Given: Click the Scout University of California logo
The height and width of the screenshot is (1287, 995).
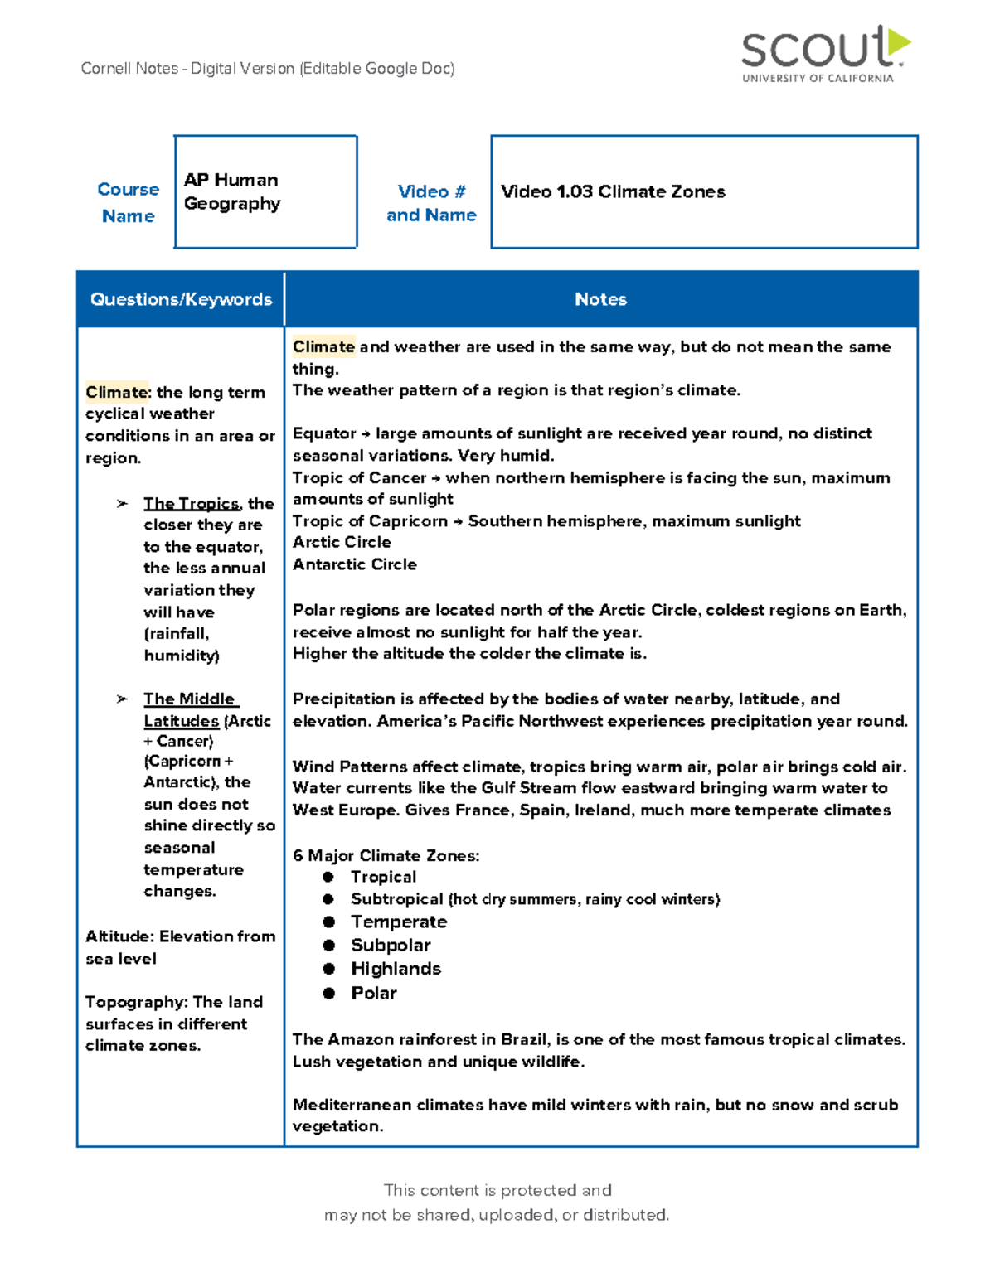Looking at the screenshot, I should pos(824,53).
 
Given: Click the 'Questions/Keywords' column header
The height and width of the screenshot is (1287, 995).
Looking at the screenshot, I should pos(181,299).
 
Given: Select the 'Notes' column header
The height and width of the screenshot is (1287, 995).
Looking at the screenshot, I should pos(600,299).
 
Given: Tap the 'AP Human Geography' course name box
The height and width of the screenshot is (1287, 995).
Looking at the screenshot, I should pos(265,191).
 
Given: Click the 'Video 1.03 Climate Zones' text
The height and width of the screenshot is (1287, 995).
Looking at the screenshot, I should pos(613,191).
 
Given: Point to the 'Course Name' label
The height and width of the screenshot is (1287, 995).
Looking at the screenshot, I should pos(128,202).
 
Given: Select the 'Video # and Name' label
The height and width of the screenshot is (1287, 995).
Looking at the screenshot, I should pos(431,203).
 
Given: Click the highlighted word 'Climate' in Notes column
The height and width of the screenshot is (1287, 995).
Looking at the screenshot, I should pos(323,346).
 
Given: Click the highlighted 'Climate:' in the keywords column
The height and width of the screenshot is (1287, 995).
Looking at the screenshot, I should pos(117,392).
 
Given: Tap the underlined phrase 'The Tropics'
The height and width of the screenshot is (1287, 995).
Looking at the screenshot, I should pos(192,503).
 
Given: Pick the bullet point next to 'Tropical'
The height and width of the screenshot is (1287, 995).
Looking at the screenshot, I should pos(328,877).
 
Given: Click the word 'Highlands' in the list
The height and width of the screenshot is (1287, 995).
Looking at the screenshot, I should pos(396,969).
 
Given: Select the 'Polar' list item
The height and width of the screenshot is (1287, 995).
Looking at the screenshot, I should pos(374,993).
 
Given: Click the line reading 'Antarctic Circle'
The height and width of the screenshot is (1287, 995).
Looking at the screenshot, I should pos(354,564).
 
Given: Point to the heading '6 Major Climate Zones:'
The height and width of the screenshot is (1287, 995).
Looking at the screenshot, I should pos(386,855).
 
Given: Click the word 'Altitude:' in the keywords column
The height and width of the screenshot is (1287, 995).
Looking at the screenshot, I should pos(119,936).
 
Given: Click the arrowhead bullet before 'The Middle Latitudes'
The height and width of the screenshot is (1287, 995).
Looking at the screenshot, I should pos(122,699).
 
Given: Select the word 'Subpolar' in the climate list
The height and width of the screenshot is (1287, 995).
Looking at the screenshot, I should pos(391,946).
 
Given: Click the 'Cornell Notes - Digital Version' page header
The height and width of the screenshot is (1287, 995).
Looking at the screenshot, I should pos(268,68).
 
